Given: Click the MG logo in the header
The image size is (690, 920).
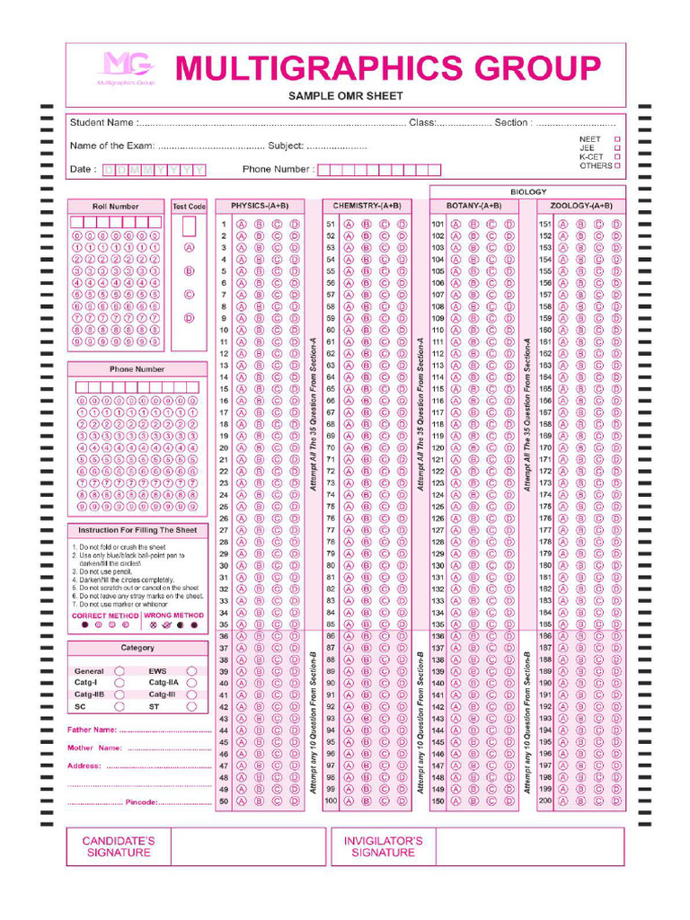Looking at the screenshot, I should [126, 68].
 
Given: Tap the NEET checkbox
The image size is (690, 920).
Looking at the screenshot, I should [616, 139].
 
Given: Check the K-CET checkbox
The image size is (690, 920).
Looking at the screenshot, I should [616, 157].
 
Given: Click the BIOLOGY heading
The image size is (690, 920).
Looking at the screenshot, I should [527, 191].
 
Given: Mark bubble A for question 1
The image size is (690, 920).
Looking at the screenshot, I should [242, 225].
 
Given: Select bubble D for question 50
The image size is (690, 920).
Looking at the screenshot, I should [295, 801].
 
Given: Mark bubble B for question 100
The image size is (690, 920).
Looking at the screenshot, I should [366, 801].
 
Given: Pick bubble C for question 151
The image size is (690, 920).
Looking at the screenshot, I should [598, 225].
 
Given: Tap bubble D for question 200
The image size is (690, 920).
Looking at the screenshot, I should [616, 801].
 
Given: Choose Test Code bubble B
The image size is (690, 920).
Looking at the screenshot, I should [190, 270].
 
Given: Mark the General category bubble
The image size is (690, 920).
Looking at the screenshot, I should [119, 671].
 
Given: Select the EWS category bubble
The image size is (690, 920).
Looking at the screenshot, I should [191, 671].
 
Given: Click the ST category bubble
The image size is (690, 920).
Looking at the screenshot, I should [191, 706].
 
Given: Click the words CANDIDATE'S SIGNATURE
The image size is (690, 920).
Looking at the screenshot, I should [119, 846].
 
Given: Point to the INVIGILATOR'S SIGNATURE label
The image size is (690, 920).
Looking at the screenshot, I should [383, 846].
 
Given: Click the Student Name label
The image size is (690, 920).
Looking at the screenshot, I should [102, 122].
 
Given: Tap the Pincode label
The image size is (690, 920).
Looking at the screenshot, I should [141, 801].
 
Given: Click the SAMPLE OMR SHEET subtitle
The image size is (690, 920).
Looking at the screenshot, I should [345, 96].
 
